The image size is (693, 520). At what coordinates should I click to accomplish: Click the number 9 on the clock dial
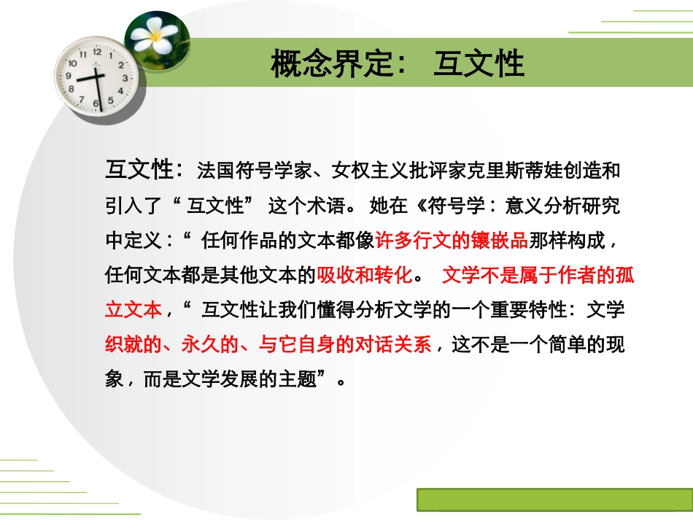point(69,75)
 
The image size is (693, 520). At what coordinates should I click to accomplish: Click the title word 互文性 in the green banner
point(479,63)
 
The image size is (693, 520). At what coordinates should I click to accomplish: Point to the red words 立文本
point(133,310)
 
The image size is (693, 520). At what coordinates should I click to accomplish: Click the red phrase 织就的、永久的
point(171,345)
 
